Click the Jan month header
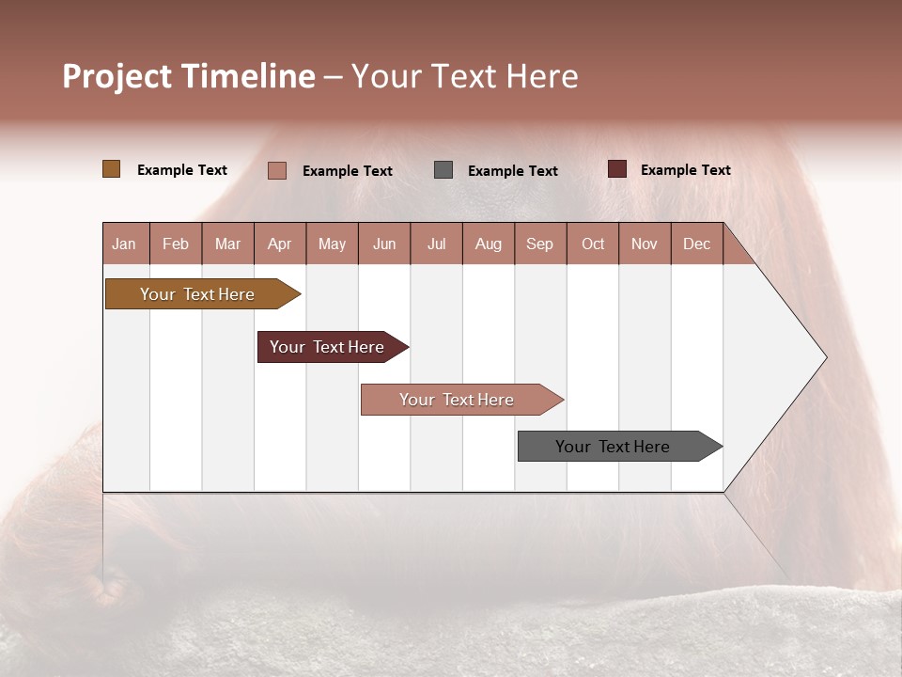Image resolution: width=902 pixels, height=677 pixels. pyautogui.click(x=124, y=244)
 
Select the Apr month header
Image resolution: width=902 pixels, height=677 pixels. pyautogui.click(x=279, y=244)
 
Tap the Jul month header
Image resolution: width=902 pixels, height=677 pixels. pyautogui.click(x=436, y=244)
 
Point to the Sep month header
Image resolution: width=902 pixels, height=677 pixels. pyautogui.click(x=539, y=244)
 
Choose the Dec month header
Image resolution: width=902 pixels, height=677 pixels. pyautogui.click(x=696, y=244)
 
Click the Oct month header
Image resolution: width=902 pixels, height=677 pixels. pyautogui.click(x=593, y=244)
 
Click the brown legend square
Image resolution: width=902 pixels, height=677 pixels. pyautogui.click(x=111, y=169)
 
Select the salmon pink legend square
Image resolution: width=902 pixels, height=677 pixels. pyautogui.click(x=276, y=170)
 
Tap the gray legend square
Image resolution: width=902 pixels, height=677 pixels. pyautogui.click(x=443, y=169)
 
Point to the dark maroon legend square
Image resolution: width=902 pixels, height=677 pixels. pyautogui.click(x=616, y=169)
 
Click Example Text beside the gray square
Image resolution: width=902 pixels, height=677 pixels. pyautogui.click(x=512, y=171)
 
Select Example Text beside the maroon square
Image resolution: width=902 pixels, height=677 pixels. pyautogui.click(x=685, y=170)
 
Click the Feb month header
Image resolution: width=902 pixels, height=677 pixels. pyautogui.click(x=176, y=244)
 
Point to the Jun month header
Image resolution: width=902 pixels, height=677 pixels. pyautogui.click(x=384, y=244)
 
